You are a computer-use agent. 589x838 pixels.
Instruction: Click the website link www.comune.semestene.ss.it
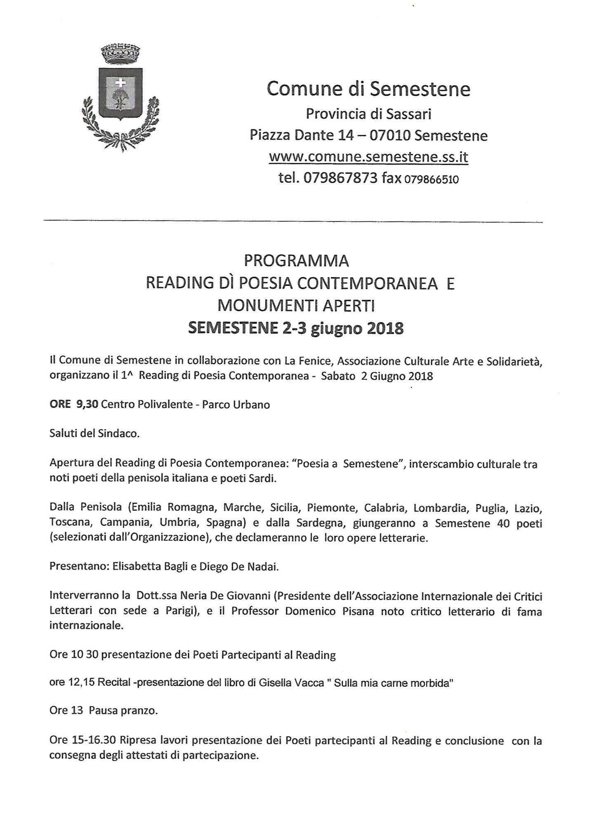pyautogui.click(x=368, y=157)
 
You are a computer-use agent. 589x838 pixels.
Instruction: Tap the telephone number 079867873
pyautogui.click(x=340, y=178)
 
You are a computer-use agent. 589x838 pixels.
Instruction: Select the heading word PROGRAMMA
pyautogui.click(x=297, y=261)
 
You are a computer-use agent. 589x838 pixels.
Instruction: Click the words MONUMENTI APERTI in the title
pyautogui.click(x=297, y=306)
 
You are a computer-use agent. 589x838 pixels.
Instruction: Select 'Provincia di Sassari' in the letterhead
pyautogui.click(x=368, y=114)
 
